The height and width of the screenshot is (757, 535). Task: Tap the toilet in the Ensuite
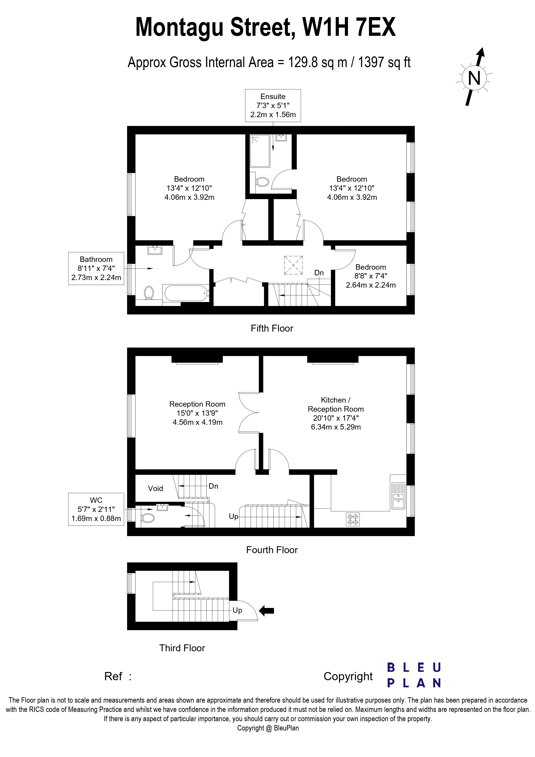[x=262, y=181]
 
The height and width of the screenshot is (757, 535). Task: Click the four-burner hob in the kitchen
[x=353, y=519]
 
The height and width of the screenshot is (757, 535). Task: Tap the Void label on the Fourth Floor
[x=155, y=488]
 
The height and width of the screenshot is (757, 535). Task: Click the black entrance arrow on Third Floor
[x=266, y=610]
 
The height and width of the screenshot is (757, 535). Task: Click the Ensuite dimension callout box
[x=273, y=105]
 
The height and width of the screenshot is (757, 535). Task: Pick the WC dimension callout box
[x=96, y=509]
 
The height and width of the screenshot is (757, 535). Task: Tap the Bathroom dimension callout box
[x=96, y=268]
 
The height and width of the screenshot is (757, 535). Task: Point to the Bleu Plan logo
[x=414, y=675]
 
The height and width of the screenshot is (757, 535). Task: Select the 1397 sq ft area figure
[x=384, y=62]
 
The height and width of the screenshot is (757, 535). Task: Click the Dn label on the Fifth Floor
[x=319, y=273]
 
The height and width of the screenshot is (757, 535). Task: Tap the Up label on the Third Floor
[x=237, y=610]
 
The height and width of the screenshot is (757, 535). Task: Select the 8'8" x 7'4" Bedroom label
[x=371, y=276]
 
